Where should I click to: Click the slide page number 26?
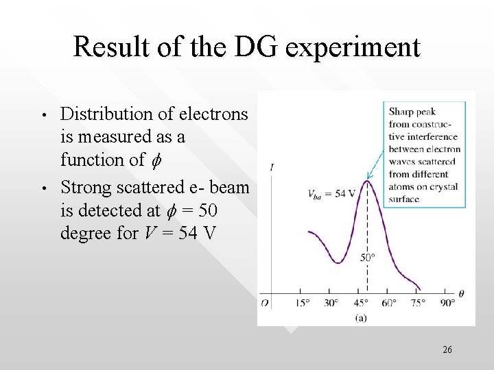tap(447, 350)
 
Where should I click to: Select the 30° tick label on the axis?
tap(332, 303)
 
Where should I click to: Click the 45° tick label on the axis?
tap(361, 303)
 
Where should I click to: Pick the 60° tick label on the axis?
tap(389, 303)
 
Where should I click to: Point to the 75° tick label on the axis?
tap(418, 303)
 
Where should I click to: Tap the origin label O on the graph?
tap(265, 303)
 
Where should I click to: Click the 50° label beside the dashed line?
tap(368, 259)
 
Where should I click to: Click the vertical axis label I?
tap(274, 167)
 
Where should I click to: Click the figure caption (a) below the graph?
tap(361, 317)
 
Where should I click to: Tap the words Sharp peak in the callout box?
tap(412, 112)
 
